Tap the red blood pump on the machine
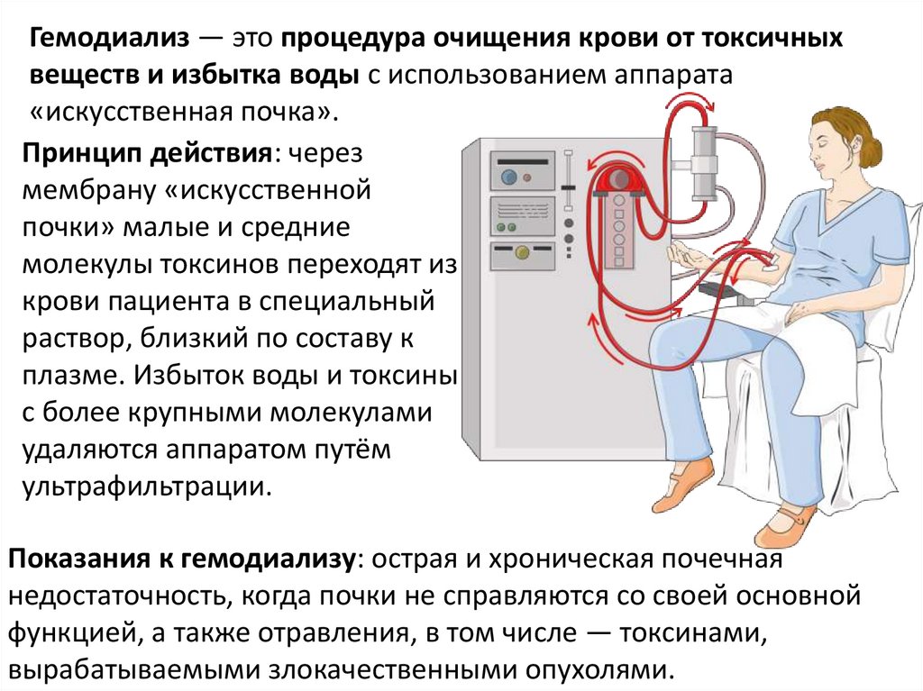point(619,179)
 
